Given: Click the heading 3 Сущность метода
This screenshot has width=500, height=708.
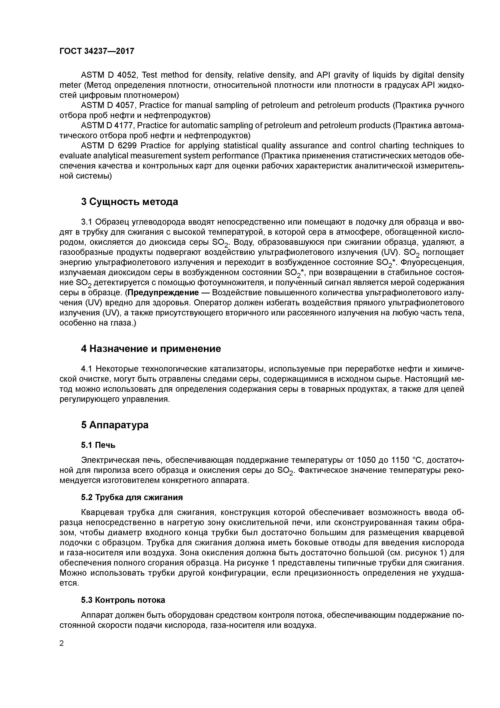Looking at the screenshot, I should pyautogui.click(x=129, y=202).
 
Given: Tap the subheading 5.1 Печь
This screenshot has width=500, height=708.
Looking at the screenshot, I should pyautogui.click(x=98, y=445).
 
